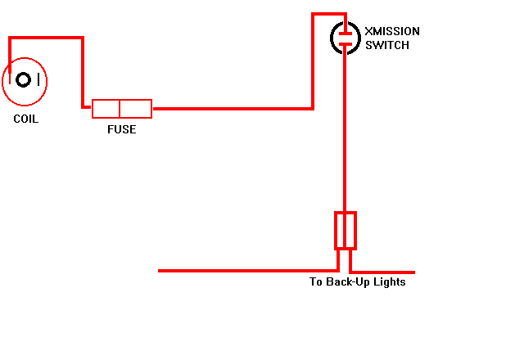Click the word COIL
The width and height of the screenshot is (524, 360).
point(25,119)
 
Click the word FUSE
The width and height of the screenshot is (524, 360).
point(122,129)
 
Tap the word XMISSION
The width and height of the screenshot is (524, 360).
point(392,31)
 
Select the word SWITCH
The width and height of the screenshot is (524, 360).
point(387,45)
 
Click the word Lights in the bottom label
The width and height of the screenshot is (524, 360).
point(390,281)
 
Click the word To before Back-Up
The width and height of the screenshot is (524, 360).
point(316,281)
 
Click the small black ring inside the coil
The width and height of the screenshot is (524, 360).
point(24,80)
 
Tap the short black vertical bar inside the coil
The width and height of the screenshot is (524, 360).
point(38,79)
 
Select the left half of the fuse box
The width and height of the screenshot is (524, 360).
point(106,109)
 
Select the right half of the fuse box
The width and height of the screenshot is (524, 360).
point(136,109)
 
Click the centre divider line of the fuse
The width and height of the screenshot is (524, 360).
point(120,109)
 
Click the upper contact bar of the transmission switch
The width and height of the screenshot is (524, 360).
point(346,34)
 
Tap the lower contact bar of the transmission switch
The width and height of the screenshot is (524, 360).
point(346,43)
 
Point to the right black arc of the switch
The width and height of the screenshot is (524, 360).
point(359,38)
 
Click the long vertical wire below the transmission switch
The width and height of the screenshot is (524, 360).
point(345,128)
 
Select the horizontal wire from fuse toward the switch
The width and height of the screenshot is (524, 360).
point(233,109)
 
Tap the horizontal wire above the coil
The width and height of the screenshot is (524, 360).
point(46,38)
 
